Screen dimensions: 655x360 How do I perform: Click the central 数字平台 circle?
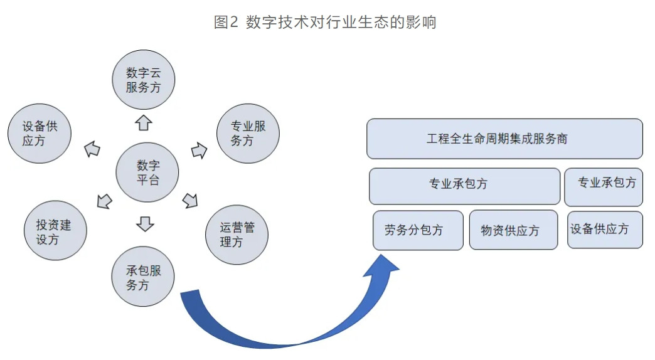tap(147, 172)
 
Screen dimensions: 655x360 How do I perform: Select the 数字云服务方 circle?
tap(143, 80)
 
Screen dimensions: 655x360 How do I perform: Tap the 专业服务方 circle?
tap(248, 133)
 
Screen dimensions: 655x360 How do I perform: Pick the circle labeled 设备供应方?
tap(40, 133)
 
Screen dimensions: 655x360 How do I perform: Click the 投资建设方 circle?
tap(56, 231)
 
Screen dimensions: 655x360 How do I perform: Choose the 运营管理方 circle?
tap(237, 235)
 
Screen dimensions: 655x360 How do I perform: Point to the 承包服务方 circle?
tap(143, 277)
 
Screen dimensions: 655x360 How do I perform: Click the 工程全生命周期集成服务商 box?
tap(504, 139)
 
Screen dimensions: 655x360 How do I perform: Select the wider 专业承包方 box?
tap(464, 186)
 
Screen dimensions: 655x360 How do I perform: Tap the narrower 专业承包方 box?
tap(604, 187)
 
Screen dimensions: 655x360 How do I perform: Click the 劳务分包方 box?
tap(418, 230)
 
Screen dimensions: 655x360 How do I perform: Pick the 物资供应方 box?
tap(513, 230)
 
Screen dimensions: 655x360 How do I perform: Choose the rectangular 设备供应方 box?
tap(605, 230)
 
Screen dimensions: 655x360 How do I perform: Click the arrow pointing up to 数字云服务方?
tap(144, 123)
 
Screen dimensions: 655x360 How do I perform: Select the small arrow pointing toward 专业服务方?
tap(200, 151)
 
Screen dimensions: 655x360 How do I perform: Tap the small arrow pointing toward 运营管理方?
tap(191, 201)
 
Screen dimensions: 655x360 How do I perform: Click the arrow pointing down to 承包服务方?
tap(145, 224)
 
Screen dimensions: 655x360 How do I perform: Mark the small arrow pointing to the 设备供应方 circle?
tap(92, 149)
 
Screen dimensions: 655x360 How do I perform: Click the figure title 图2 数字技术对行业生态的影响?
tap(325, 22)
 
